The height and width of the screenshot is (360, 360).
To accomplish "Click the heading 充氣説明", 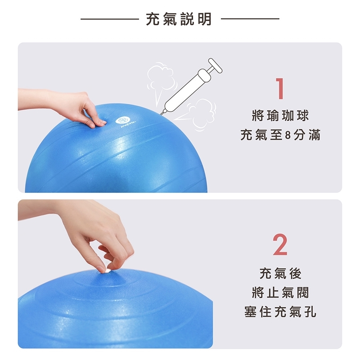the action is point(179,19).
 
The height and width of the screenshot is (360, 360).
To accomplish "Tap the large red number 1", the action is point(280,89).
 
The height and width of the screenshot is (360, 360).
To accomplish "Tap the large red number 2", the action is point(280,244).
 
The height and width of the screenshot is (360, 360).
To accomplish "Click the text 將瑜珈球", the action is point(280,116).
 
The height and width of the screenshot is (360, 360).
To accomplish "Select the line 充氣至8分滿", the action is point(280,135).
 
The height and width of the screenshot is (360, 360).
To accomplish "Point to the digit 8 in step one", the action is point(288,135).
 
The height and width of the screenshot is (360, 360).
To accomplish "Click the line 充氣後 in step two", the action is point(280,274).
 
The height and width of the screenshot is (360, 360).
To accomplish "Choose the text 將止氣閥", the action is point(280,293).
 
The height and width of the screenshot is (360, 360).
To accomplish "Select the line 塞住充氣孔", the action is point(280,312).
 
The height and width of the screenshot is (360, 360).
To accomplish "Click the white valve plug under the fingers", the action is point(107,271).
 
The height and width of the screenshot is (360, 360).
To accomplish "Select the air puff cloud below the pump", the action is point(198,114).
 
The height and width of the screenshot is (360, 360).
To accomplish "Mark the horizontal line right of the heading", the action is point(250,19).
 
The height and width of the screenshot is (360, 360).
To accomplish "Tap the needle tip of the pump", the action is point(160,114).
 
